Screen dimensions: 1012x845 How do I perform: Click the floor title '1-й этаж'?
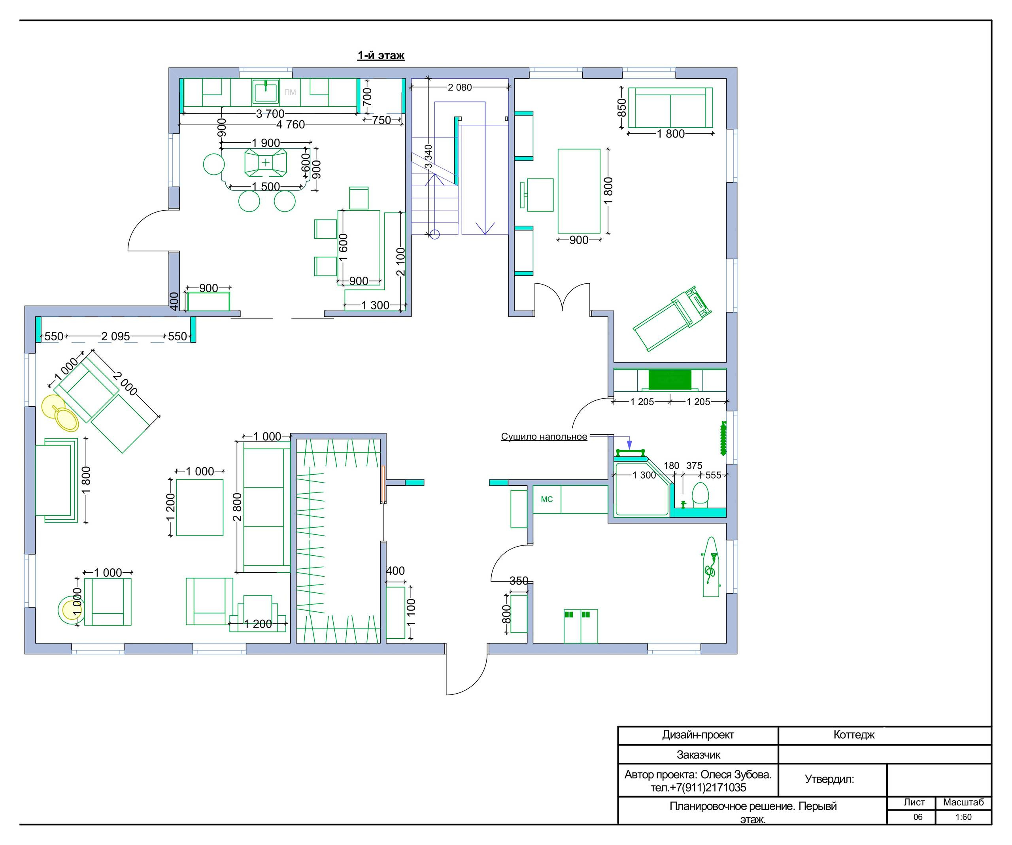point(381,55)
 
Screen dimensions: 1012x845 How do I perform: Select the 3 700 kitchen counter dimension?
point(270,114)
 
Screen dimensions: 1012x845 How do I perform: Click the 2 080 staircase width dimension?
point(460,87)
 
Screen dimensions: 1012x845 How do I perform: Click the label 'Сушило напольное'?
point(544,436)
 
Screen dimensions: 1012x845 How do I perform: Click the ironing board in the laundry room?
point(710,567)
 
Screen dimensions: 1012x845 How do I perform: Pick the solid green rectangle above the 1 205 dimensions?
point(670,380)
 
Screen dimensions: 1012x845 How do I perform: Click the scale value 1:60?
point(963,817)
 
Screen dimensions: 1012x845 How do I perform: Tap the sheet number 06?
point(918,817)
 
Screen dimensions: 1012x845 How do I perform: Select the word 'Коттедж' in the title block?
point(854,735)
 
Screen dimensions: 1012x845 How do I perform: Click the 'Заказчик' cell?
point(698,755)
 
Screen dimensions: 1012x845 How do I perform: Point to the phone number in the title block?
point(698,788)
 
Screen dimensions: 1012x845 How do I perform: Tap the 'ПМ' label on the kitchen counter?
point(290,92)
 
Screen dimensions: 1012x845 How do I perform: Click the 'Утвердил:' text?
point(829,779)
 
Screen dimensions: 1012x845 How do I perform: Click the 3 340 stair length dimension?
point(429,157)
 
